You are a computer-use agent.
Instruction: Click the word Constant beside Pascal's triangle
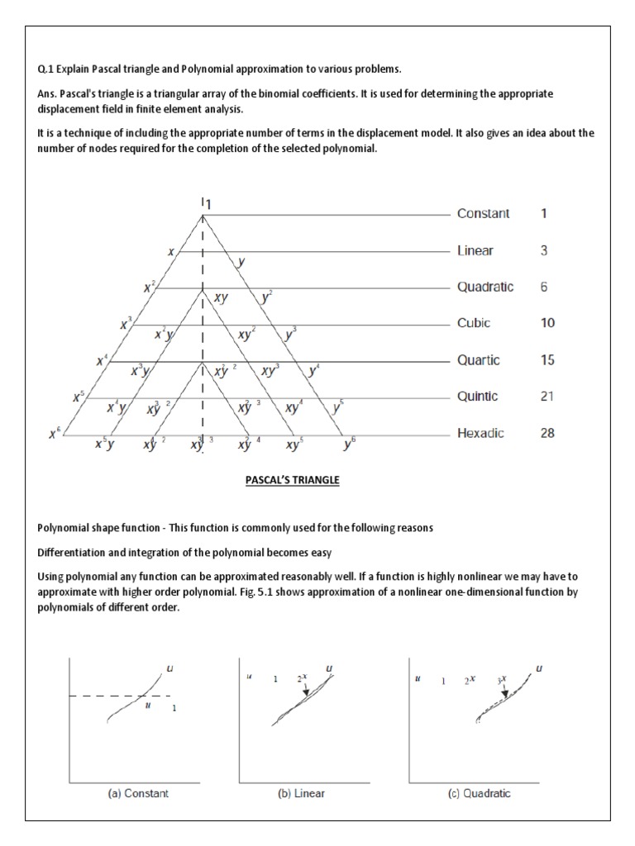(x=483, y=213)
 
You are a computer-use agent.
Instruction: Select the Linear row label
(x=475, y=250)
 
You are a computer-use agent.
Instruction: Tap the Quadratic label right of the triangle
(x=485, y=287)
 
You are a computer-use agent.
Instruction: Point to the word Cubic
(x=474, y=323)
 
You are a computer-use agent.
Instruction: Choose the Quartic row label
(x=477, y=360)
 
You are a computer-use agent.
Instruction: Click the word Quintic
(x=478, y=397)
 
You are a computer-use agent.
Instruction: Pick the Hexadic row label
(x=480, y=433)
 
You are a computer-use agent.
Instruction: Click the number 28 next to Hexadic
(x=547, y=433)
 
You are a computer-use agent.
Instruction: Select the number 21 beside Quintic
(x=547, y=397)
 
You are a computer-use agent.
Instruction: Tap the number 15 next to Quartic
(x=547, y=360)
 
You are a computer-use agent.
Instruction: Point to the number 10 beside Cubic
(x=547, y=323)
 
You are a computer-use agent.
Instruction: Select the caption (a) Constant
(x=138, y=793)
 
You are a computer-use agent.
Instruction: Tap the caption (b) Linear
(x=301, y=793)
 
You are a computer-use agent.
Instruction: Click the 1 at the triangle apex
(x=209, y=203)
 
